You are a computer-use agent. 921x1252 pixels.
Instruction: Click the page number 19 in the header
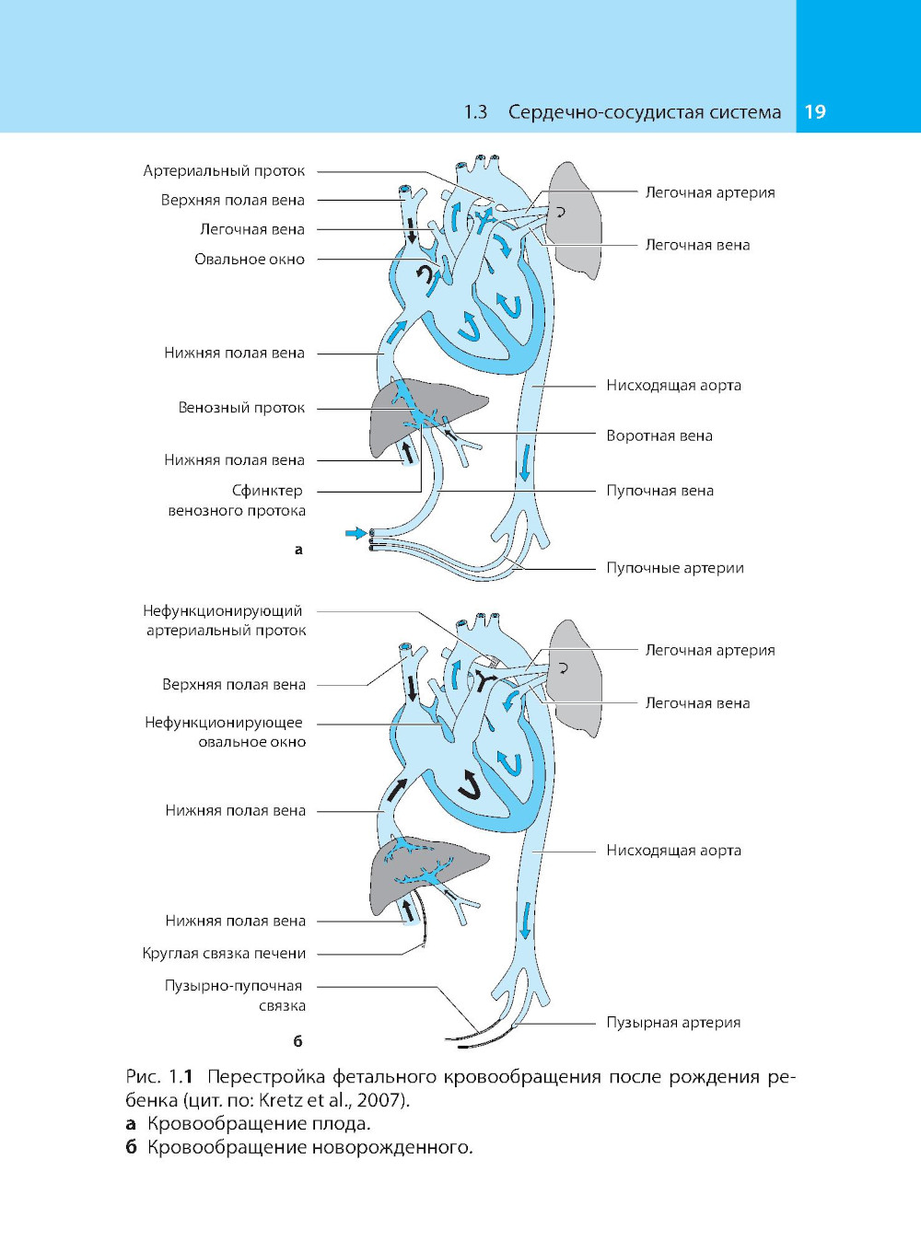(x=815, y=112)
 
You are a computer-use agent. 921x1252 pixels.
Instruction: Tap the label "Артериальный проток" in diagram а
(x=224, y=171)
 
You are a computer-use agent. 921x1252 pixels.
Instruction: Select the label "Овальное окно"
(x=249, y=260)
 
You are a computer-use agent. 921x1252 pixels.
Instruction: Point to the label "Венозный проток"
(x=241, y=408)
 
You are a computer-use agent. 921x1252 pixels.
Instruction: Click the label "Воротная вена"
(x=659, y=435)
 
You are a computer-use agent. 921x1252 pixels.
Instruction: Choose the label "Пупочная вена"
(x=659, y=491)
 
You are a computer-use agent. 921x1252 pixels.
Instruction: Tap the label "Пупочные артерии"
(x=674, y=568)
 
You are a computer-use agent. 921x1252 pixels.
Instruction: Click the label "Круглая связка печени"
(x=224, y=954)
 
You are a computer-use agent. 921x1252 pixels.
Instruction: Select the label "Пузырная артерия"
(x=672, y=1023)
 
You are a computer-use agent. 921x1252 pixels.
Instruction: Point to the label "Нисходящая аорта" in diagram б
(x=673, y=851)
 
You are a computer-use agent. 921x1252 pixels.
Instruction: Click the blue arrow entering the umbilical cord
(x=355, y=532)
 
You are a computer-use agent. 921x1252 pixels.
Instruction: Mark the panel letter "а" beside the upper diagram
(x=297, y=550)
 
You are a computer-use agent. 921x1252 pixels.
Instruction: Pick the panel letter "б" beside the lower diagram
(x=297, y=1041)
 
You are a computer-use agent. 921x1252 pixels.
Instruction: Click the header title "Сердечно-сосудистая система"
(x=644, y=112)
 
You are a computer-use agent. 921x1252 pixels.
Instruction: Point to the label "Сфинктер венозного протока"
(x=239, y=501)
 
